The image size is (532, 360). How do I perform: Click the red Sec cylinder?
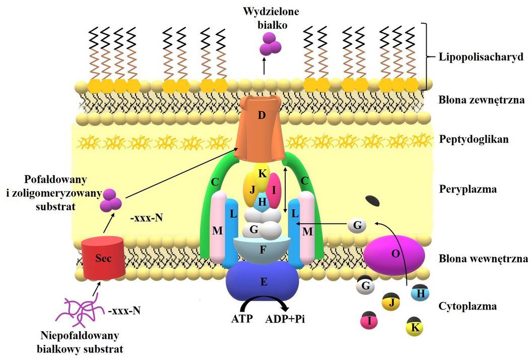tap(103, 258)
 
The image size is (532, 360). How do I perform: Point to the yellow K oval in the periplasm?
tap(262, 172)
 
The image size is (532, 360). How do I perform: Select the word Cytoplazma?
tap(468, 306)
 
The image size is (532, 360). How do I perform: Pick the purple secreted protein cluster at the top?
tap(270, 45)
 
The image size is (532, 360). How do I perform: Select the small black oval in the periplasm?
tap(373, 201)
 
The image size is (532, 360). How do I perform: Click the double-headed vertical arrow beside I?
tap(286, 191)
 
